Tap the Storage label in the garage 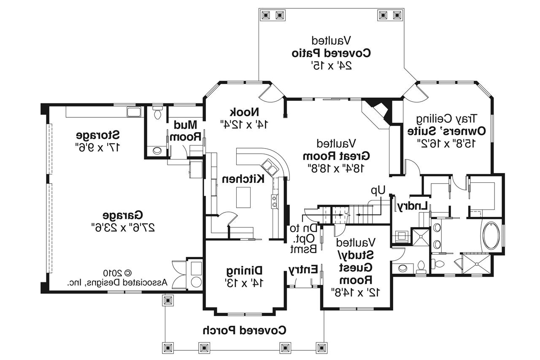click(97, 135)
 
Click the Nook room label click(244, 112)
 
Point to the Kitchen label click(243, 179)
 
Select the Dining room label click(244, 270)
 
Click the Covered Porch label click(244, 330)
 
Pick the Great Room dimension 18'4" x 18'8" click(336, 168)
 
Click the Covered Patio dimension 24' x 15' click(331, 65)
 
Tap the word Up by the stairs click(378, 191)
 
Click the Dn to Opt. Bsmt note click(304, 239)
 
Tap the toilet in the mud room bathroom click(158, 114)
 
